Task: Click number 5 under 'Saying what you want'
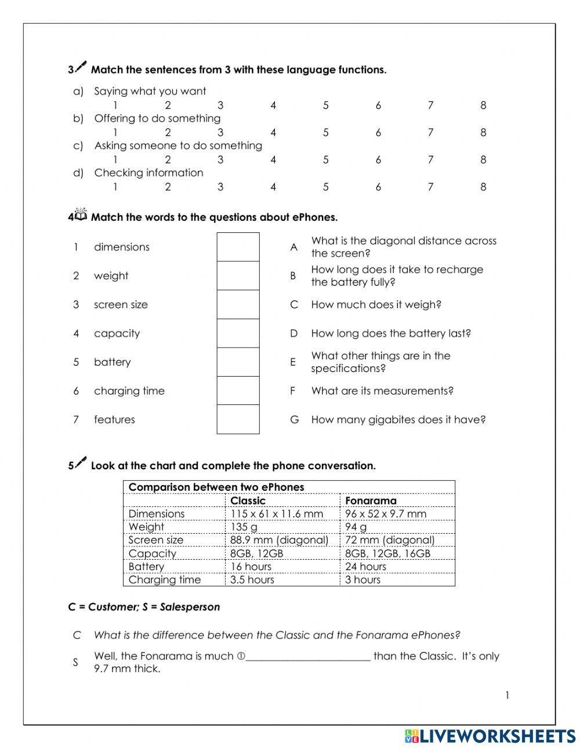pos(325,105)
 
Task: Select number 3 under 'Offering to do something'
pos(220,133)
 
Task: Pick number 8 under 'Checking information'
pos(483,187)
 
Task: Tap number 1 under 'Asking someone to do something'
pos(115,160)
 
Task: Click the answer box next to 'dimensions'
pos(238,247)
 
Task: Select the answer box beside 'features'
pos(238,419)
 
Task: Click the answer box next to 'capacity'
pos(238,333)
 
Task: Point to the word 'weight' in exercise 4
pos(111,276)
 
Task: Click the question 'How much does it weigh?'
pos(376,305)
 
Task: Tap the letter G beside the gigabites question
pos(294,419)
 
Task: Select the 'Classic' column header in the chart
pos(248,501)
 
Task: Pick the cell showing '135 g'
pos(244,527)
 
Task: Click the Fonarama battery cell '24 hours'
pos(365,567)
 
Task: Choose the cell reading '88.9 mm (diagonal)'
pos(279,540)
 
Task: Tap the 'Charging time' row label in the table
pos(165,580)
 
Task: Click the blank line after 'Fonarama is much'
pos(307,656)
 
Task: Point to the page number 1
pos(507,695)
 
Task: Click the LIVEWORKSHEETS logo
pos(490,736)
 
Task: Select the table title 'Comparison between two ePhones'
pos(216,487)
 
